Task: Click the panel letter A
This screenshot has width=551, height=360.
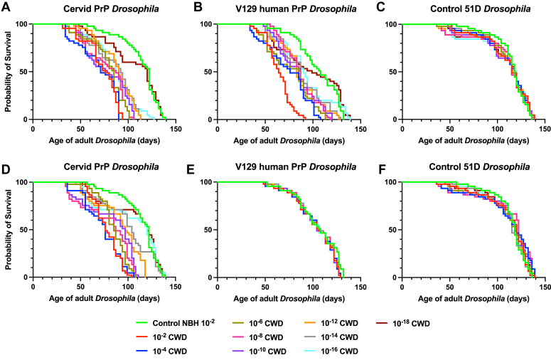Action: tap(6, 7)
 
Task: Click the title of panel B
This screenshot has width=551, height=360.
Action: tap(296, 9)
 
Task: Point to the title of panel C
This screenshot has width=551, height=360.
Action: tap(481, 9)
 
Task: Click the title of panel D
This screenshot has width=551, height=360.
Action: tap(111, 166)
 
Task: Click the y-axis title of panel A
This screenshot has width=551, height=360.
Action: tap(8, 72)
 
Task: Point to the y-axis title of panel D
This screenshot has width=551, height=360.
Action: tap(8, 230)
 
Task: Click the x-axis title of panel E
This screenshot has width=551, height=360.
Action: tap(289, 299)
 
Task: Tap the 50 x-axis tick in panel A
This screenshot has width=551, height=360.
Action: tap(80, 129)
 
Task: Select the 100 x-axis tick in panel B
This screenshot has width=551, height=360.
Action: tap(313, 129)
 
